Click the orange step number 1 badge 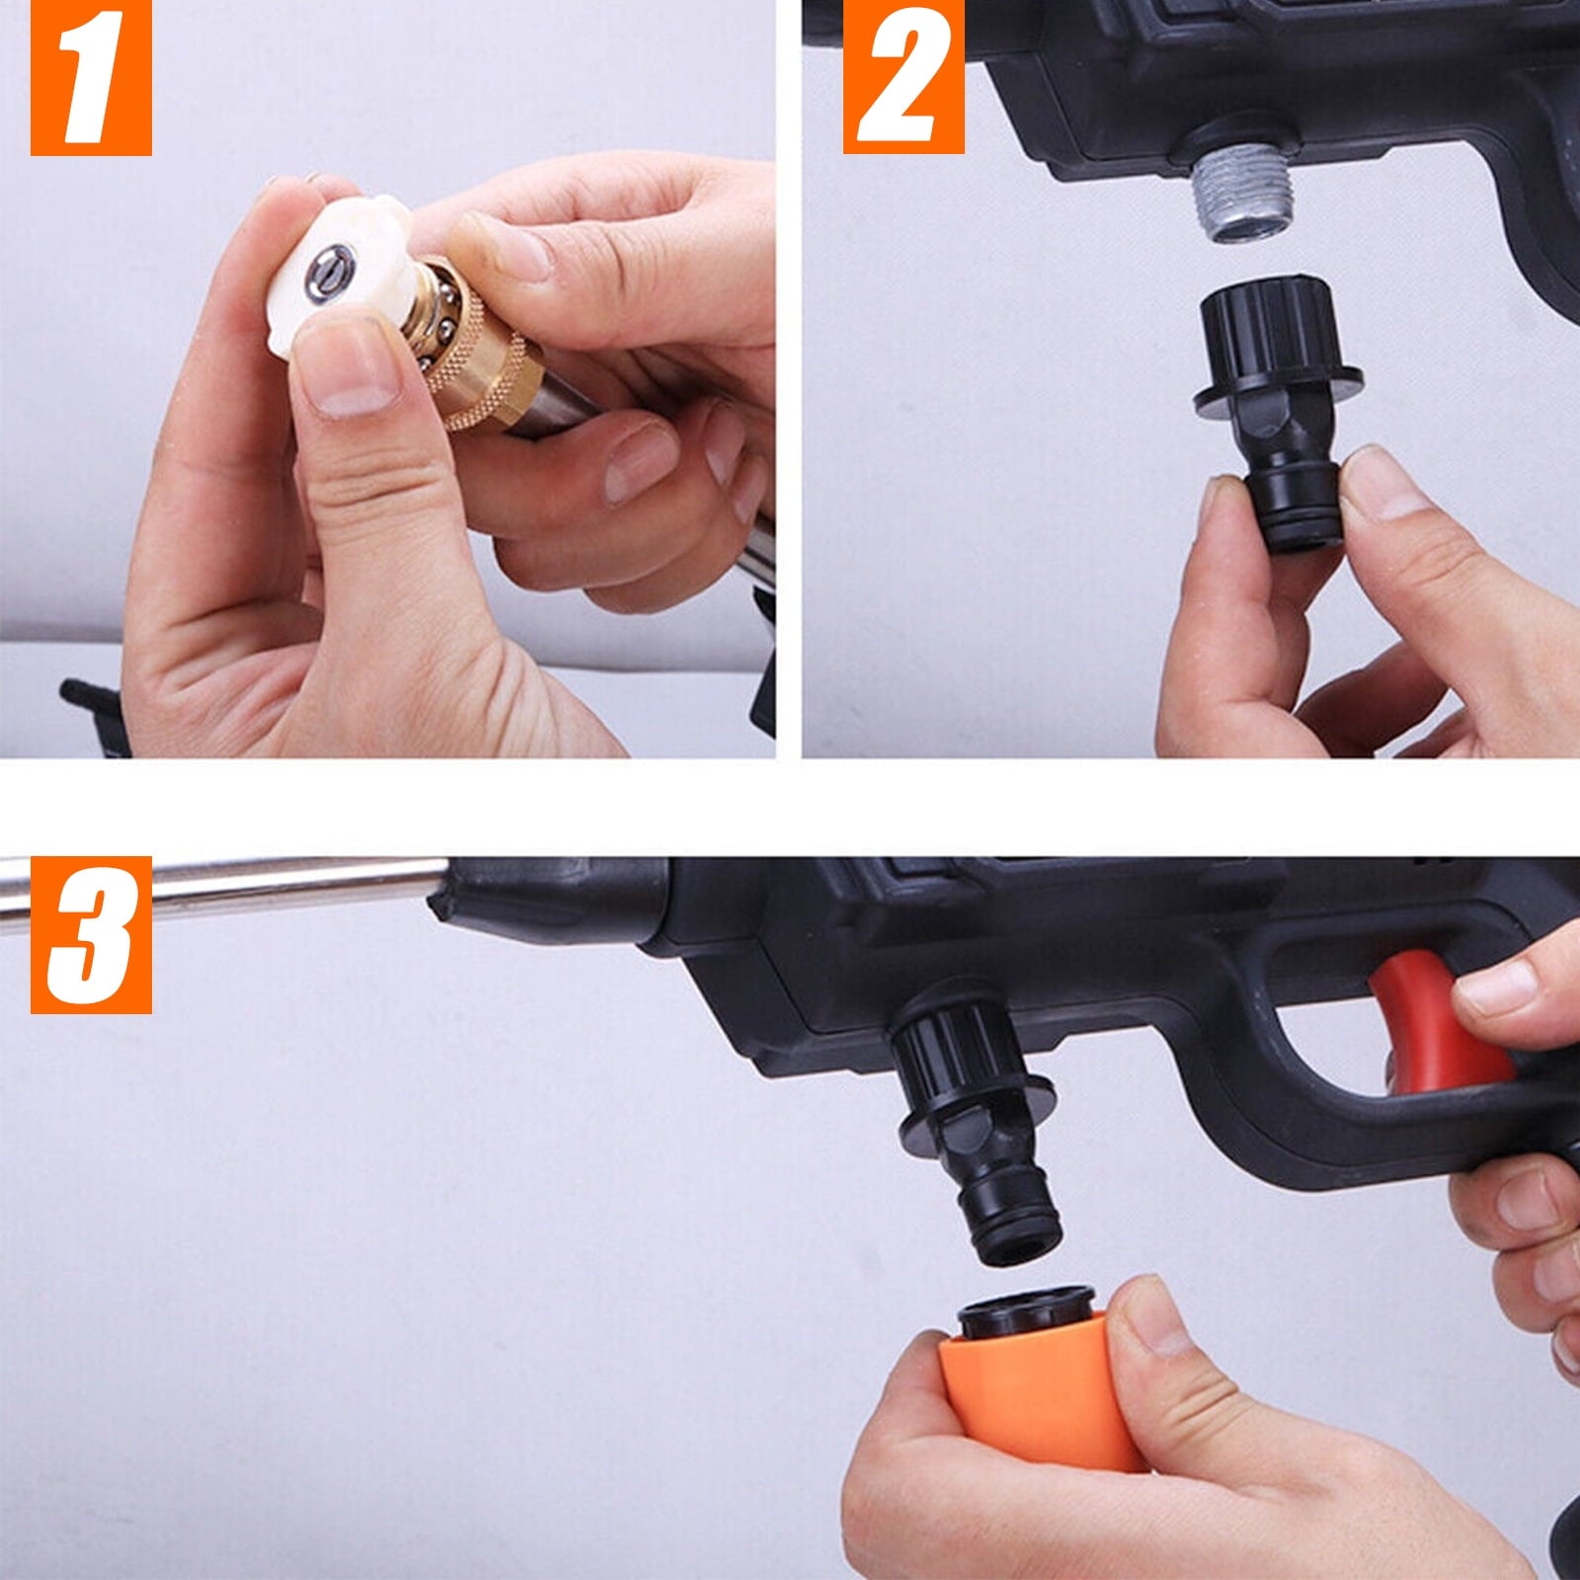[91, 78]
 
